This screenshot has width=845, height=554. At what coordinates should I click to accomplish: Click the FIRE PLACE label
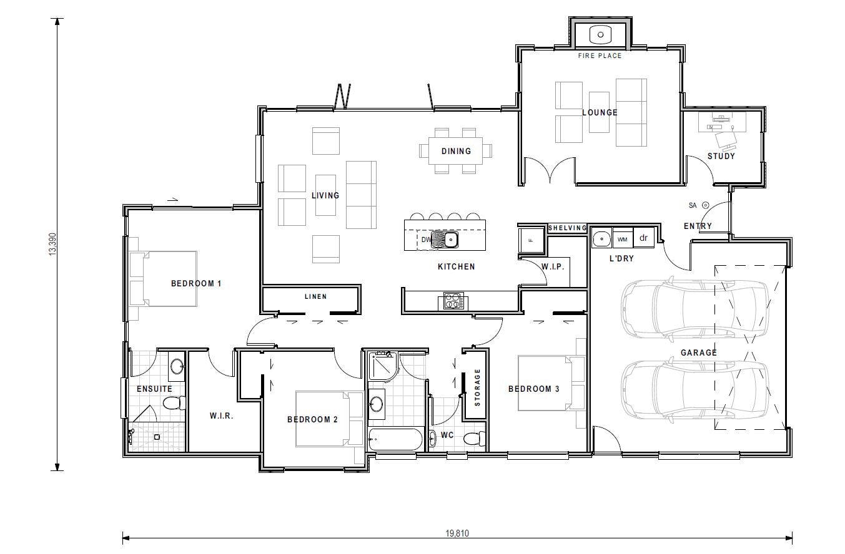tap(600, 56)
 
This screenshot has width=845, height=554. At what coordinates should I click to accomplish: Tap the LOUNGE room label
tap(600, 113)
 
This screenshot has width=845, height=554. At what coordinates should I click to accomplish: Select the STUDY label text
tap(721, 157)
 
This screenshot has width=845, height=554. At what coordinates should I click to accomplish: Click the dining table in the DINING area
tap(456, 151)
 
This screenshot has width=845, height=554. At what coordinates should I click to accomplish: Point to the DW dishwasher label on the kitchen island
tap(426, 240)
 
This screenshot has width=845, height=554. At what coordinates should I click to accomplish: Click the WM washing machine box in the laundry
tap(622, 238)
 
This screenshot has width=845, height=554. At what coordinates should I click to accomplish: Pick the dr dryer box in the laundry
tap(643, 238)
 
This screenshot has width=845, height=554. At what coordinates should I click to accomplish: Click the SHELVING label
tap(567, 228)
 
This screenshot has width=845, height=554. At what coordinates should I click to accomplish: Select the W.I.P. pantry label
tap(553, 267)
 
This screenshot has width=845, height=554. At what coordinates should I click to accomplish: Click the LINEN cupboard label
tap(315, 297)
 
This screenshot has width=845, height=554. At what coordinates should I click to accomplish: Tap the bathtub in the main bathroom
tap(395, 439)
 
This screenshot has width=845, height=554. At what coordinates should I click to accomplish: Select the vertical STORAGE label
tap(478, 387)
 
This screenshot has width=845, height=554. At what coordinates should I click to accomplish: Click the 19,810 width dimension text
tap(457, 534)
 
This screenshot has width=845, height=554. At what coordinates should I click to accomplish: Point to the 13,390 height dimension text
tap(52, 244)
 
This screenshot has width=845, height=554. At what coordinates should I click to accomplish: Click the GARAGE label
tap(698, 353)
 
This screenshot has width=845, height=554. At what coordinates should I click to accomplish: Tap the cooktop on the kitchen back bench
tap(453, 301)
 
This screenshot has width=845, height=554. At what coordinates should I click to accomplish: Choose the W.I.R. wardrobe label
tap(221, 416)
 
